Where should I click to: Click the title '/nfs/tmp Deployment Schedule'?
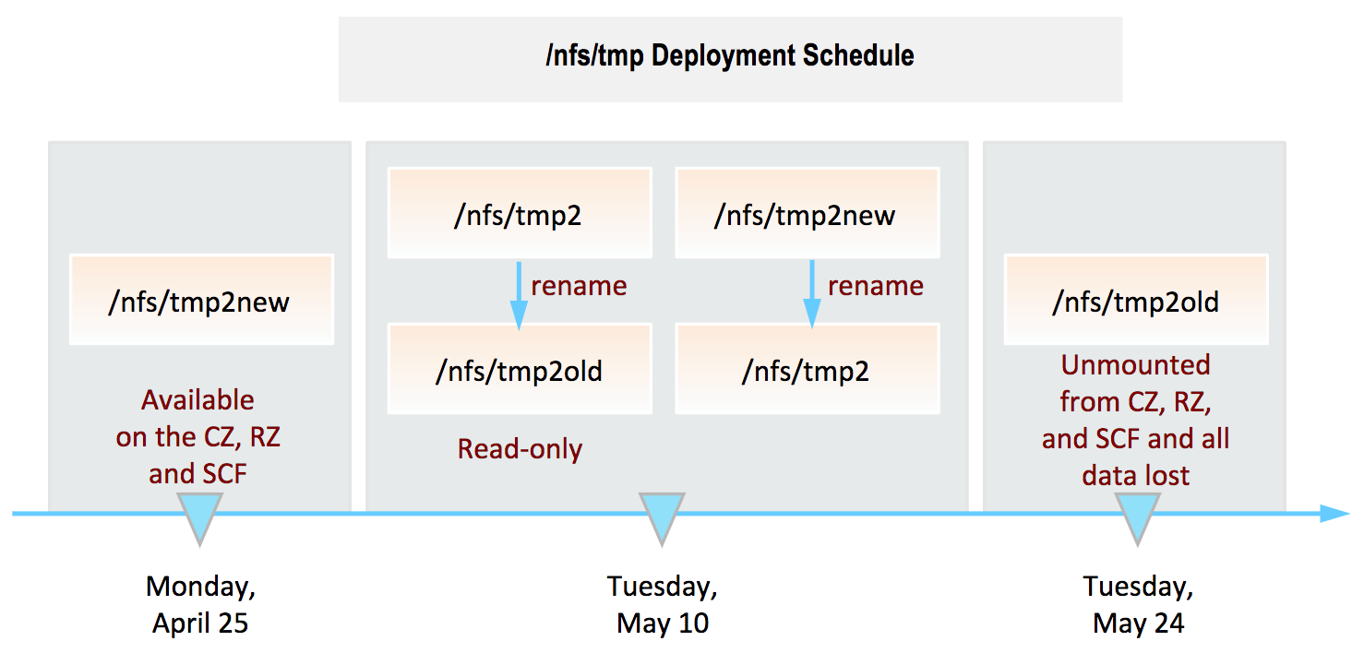729,56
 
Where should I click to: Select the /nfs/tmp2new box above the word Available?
201,300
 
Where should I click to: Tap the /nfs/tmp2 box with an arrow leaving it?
520,213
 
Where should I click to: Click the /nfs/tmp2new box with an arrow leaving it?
808,213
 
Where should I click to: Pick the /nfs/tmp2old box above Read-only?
520,369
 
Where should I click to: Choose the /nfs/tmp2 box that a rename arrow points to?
808,369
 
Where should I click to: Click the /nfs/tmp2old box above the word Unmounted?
1136,300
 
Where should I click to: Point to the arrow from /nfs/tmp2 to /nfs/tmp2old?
519,296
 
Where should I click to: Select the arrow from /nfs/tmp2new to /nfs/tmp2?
812,294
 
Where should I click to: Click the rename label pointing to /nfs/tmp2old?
579,286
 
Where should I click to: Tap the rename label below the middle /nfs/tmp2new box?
875,286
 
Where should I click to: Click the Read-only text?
520,450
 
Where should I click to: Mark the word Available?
197,400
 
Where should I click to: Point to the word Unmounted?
1136,365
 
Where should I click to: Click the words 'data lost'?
1136,475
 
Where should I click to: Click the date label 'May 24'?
1138,623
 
